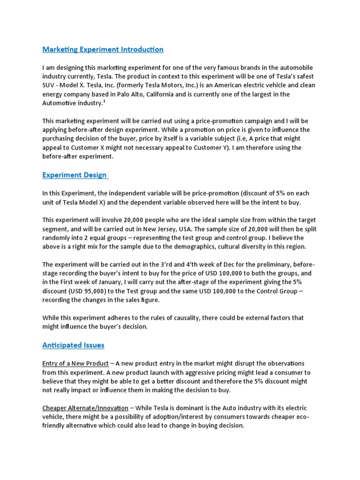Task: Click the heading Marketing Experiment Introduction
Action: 103,49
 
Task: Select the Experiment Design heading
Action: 75,175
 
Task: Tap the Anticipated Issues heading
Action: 73,345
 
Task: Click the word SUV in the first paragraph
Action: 49,85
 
